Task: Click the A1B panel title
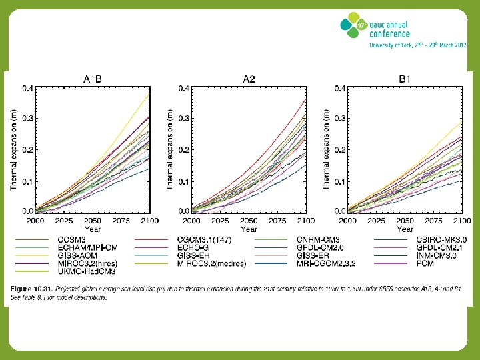[92, 79]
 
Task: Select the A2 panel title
[249, 79]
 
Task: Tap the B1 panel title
[405, 79]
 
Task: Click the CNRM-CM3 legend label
[317, 239]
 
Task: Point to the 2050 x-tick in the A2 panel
[249, 220]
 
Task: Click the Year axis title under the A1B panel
[92, 229]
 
